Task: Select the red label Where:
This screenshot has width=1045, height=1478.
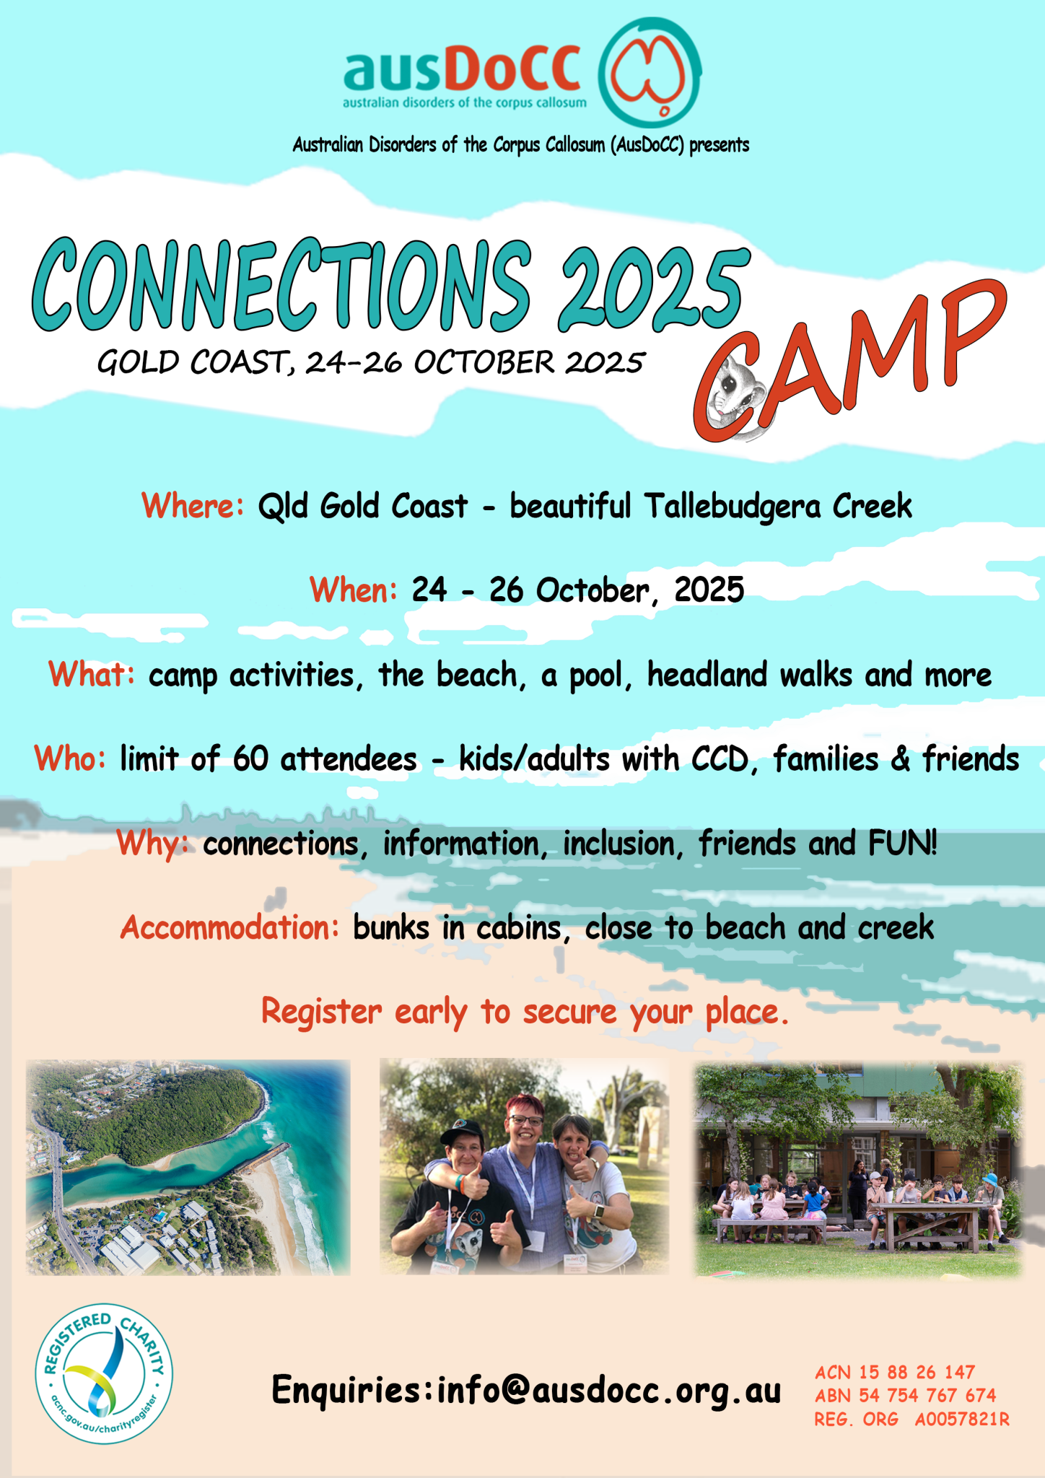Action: tap(193, 505)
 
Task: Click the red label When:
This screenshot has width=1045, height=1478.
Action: tap(354, 590)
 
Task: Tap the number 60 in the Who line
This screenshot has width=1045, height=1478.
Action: tap(250, 759)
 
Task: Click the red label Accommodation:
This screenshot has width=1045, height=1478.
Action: tap(229, 927)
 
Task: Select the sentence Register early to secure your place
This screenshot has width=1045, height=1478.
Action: tap(525, 1012)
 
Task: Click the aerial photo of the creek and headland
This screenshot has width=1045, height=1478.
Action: tap(188, 1167)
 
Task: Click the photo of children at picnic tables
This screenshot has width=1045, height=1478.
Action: tap(858, 1168)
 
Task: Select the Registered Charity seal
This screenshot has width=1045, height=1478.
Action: tap(104, 1373)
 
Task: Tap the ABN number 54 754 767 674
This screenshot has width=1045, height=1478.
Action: tap(927, 1396)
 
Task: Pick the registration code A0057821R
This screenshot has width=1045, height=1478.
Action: tap(962, 1420)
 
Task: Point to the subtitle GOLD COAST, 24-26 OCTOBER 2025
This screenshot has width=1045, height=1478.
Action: tap(370, 362)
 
